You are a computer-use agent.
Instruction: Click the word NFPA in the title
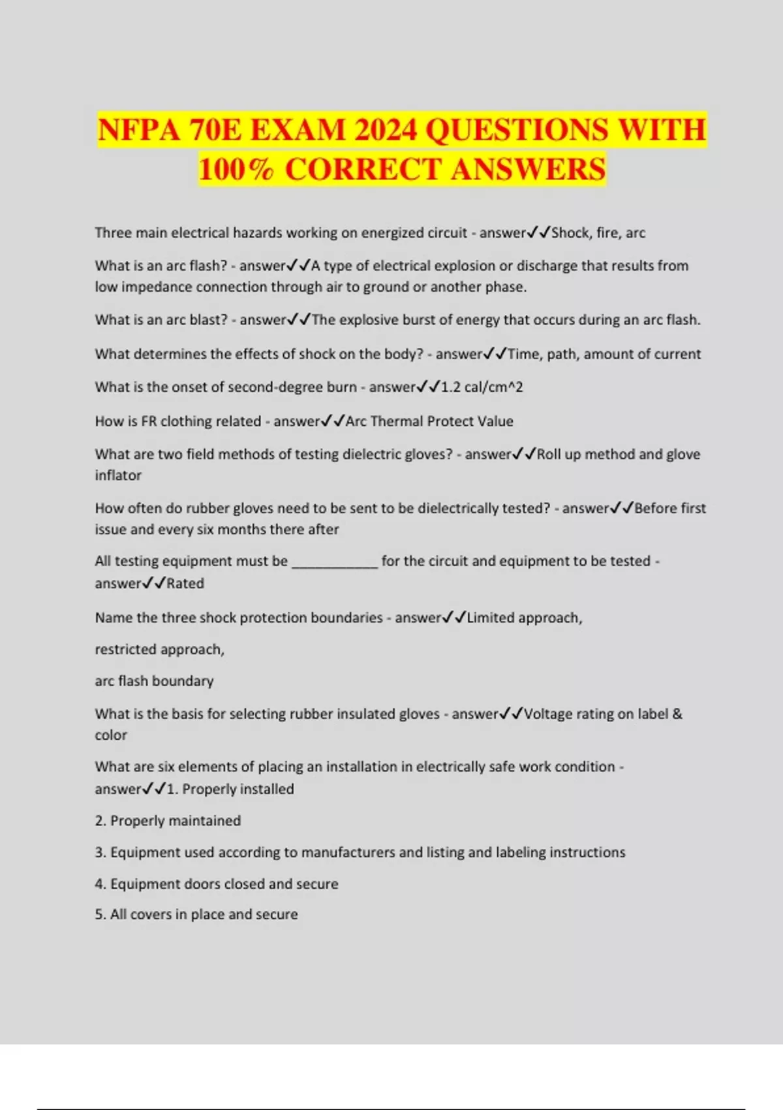click(138, 130)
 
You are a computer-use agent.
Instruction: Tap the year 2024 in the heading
click(385, 130)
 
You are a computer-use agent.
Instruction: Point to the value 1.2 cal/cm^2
click(482, 387)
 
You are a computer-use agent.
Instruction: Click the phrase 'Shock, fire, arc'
click(598, 233)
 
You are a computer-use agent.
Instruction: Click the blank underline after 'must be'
click(334, 562)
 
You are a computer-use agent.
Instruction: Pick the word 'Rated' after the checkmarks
click(185, 584)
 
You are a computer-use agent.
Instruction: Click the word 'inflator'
click(118, 475)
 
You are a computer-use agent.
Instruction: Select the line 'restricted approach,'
click(160, 650)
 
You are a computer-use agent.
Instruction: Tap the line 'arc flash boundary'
click(154, 681)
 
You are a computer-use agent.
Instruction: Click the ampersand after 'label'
click(677, 714)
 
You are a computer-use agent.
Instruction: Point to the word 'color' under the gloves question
click(111, 735)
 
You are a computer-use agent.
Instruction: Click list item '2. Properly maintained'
click(168, 821)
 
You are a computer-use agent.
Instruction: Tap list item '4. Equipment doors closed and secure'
click(217, 884)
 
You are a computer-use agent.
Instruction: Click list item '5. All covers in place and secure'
click(196, 915)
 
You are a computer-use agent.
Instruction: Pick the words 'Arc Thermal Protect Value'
click(429, 421)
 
